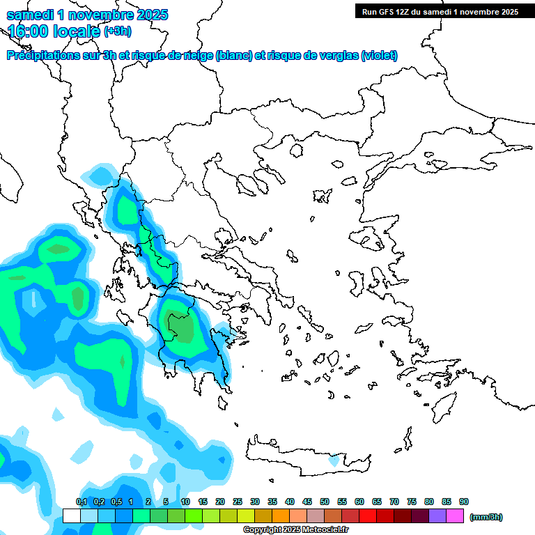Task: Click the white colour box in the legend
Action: (x=71, y=515)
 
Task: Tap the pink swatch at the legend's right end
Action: (x=455, y=515)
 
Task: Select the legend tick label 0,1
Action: (x=82, y=502)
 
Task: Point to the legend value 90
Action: (x=464, y=502)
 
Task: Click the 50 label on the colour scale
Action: (x=325, y=502)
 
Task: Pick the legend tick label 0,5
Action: (x=116, y=502)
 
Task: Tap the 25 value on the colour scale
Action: (x=238, y=502)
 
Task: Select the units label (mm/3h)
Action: (x=486, y=517)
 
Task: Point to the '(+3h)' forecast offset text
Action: (x=117, y=31)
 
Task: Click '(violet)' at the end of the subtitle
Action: (x=380, y=56)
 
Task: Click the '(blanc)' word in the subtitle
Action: (x=234, y=56)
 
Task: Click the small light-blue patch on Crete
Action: (x=334, y=460)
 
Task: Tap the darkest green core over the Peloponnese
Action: (x=183, y=327)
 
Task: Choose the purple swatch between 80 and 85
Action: (x=437, y=515)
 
